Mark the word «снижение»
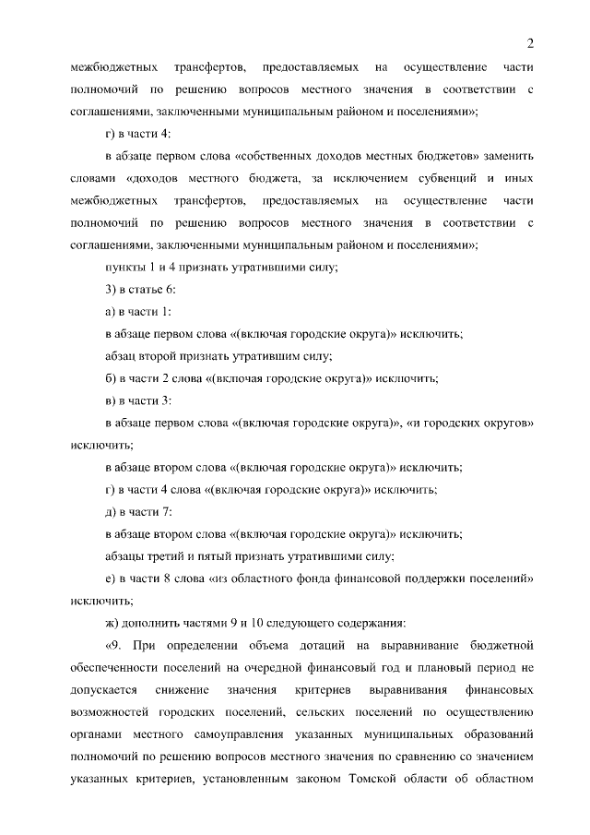(x=185, y=691)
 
